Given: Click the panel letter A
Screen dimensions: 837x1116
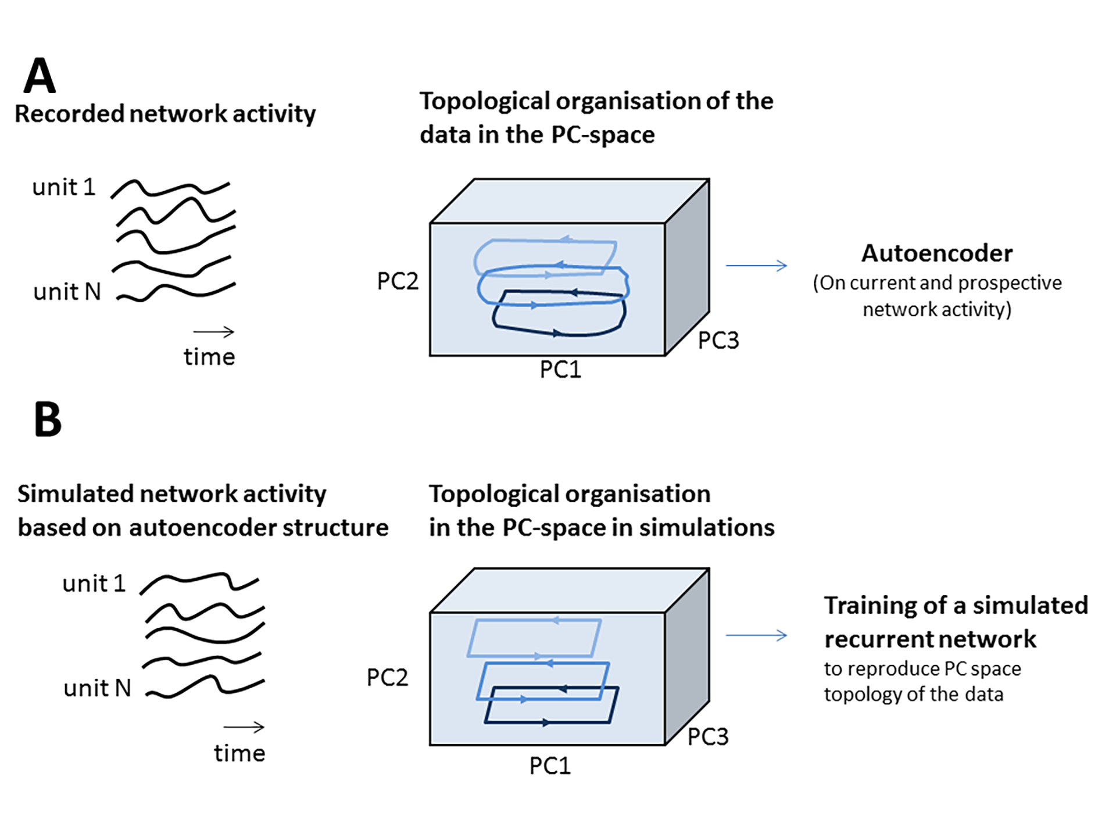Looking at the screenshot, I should pos(40,76).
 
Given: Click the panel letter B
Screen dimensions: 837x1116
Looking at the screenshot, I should pos(48,419).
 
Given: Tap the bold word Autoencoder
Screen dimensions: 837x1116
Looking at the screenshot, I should pos(937,253).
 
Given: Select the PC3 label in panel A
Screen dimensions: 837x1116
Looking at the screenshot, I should pos(718,341).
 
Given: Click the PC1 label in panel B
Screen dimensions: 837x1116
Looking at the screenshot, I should pos(550,766).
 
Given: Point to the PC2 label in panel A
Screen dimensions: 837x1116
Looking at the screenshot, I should pos(398,281).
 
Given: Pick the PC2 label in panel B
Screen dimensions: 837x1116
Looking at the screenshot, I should pos(387,678).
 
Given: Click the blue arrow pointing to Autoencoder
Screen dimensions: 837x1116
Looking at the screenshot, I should pos(756,266).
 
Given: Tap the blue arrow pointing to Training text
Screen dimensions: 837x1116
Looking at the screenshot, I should pos(756,635).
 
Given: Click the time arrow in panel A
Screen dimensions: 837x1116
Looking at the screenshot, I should pos(213,332).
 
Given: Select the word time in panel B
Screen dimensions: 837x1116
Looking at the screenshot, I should pos(239,753).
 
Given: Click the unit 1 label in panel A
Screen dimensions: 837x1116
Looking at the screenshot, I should pos(63,187).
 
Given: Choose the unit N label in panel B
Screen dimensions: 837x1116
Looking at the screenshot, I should pos(97,688).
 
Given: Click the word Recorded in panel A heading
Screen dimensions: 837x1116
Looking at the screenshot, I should pos(69,114).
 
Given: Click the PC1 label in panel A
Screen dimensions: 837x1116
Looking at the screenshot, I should pos(560,370).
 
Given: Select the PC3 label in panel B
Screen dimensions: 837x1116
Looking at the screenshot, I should pos(708,737).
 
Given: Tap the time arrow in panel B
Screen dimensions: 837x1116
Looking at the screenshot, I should pos(244,727).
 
